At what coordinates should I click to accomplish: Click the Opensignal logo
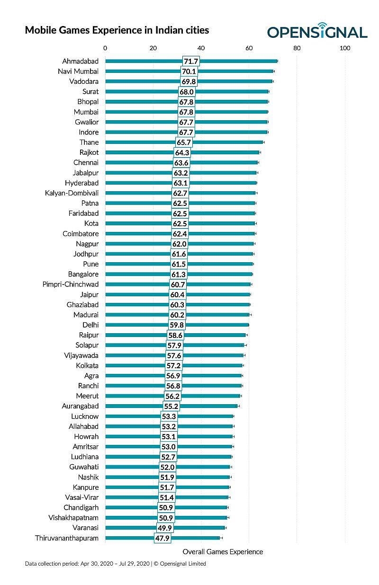(x=317, y=31)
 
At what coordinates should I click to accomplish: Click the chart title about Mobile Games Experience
(x=117, y=31)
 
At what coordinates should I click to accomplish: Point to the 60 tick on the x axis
(x=249, y=48)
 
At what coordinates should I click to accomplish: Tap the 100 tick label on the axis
(x=345, y=48)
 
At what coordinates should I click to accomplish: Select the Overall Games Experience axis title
(x=223, y=551)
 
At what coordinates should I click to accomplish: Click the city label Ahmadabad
(x=81, y=61)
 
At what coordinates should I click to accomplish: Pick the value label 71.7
(x=191, y=61)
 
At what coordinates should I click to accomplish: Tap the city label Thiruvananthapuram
(x=67, y=538)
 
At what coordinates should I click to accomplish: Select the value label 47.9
(x=162, y=538)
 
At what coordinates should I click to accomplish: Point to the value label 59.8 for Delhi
(x=177, y=325)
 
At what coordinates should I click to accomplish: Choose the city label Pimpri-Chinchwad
(x=71, y=284)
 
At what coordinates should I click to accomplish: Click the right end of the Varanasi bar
(x=225, y=528)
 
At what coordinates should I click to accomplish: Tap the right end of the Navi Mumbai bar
(x=273, y=71)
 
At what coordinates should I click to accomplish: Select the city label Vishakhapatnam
(x=73, y=518)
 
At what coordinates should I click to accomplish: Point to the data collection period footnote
(x=115, y=564)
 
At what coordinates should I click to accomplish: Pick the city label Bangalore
(x=83, y=275)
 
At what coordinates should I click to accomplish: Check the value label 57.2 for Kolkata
(x=173, y=366)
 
